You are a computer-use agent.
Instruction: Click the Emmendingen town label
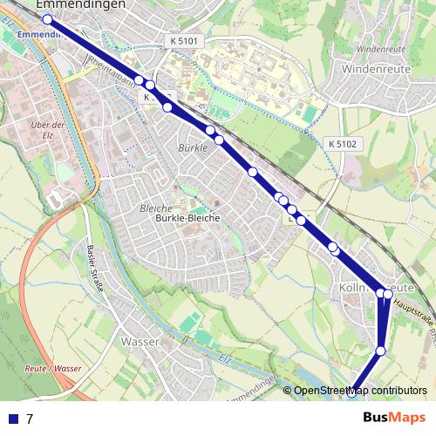tap(82, 4)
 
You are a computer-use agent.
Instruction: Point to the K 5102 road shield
tap(343, 143)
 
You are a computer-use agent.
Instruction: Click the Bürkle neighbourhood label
tap(193, 147)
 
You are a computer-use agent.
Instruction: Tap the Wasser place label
tap(140, 341)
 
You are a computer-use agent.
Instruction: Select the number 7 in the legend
tap(30, 419)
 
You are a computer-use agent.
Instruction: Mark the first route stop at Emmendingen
tap(47, 19)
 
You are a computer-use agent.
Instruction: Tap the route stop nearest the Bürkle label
tap(210, 131)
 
